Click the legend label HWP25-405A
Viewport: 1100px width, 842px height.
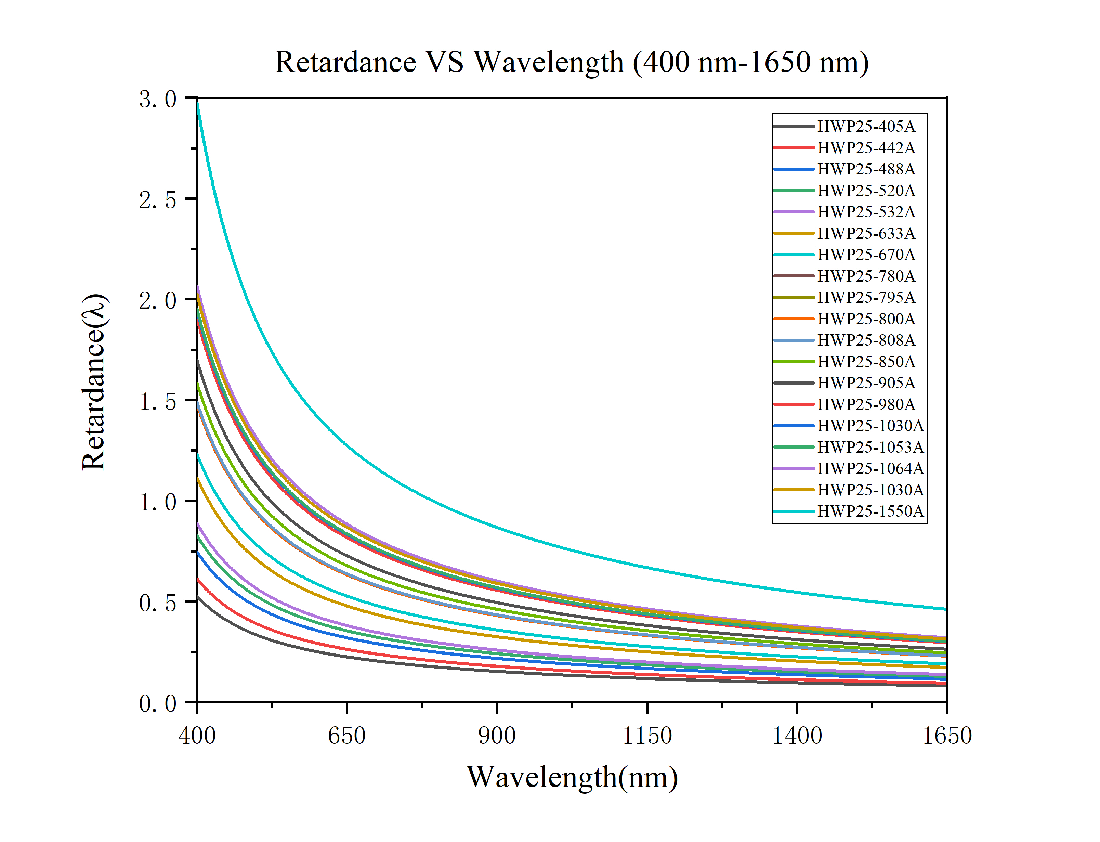866,126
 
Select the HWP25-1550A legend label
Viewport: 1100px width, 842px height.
870,511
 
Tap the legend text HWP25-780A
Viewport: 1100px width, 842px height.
866,276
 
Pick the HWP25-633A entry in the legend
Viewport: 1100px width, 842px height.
866,234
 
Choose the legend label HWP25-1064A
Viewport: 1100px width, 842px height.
870,469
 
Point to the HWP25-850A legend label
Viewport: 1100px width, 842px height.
866,362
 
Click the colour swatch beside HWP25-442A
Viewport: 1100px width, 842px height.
794,148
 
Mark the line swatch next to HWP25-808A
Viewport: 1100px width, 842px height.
794,340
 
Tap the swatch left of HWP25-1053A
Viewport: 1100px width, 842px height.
794,447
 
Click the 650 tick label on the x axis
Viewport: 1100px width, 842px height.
346,736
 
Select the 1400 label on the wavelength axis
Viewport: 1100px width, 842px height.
797,736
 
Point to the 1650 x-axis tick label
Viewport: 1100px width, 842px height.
947,736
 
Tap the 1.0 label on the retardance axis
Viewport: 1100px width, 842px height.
158,502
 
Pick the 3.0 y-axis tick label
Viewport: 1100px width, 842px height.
158,99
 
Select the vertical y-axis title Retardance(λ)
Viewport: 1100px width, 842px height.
94,382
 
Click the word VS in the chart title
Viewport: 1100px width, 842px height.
444,63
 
